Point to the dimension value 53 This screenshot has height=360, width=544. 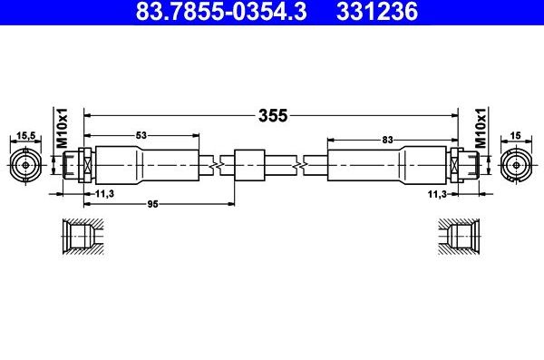141,136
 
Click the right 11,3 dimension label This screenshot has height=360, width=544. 437,193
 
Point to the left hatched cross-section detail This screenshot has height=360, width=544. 81,238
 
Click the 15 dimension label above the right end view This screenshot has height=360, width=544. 515,136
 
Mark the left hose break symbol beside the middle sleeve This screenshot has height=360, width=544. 216,165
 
